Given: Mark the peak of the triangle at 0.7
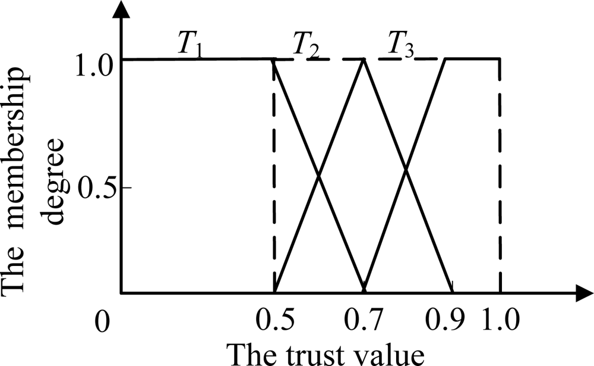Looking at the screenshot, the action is click(x=364, y=60).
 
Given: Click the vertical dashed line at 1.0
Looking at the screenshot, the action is click(x=500, y=179).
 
